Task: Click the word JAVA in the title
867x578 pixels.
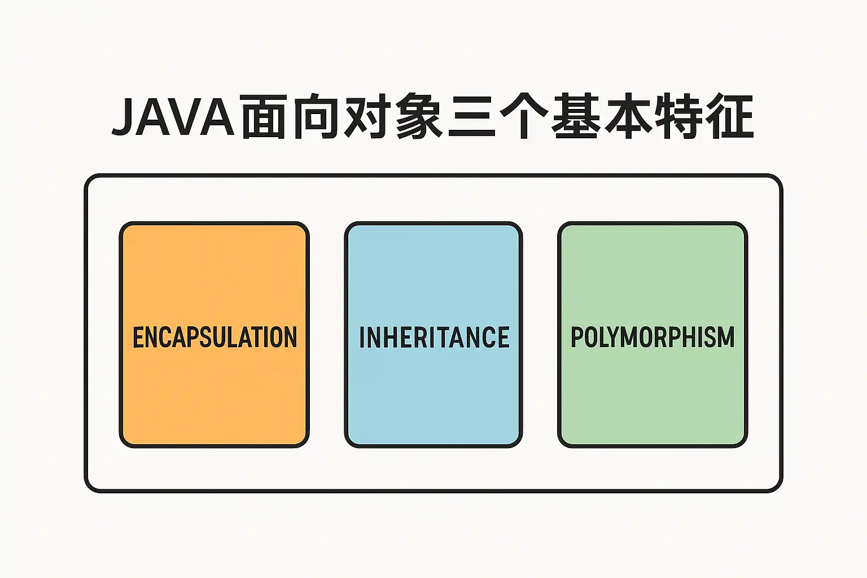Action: (173, 117)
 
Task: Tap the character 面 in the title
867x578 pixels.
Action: (263, 116)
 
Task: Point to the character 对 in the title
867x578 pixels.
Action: (366, 116)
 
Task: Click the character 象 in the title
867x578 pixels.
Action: (419, 116)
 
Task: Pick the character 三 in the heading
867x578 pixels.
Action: (471, 116)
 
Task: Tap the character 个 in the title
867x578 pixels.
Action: (524, 116)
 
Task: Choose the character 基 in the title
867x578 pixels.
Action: (576, 116)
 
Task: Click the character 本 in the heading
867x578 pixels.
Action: (628, 116)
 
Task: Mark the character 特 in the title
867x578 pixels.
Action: (680, 116)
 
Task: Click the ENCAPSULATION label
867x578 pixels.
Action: (215, 337)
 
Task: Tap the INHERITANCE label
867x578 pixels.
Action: (434, 337)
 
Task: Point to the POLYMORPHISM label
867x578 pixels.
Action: (653, 336)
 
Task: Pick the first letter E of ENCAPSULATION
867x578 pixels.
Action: (138, 337)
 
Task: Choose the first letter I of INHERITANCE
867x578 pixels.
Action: (362, 337)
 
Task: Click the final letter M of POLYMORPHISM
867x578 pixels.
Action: (726, 336)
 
